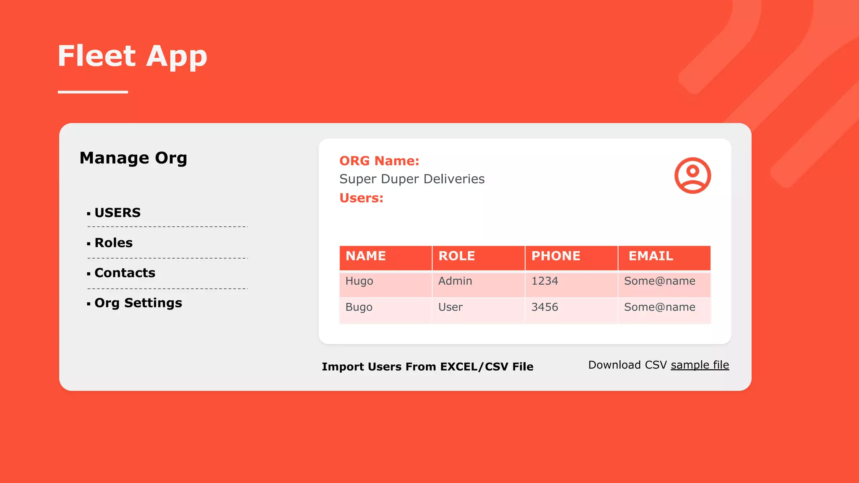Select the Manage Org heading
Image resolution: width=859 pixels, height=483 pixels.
coord(133,158)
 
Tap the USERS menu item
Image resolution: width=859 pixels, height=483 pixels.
coord(117,213)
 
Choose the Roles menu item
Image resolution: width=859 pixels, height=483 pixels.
coord(113,243)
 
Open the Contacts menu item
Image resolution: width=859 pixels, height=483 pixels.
coord(125,273)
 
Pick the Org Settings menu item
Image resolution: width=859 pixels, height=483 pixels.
coord(138,303)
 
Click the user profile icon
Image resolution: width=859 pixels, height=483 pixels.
coord(692,175)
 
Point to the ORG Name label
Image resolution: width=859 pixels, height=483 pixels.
coord(379,161)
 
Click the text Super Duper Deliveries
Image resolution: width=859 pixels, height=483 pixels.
coord(412,179)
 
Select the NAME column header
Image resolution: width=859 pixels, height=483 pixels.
coord(365,256)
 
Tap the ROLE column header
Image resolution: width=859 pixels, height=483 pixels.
coord(456,256)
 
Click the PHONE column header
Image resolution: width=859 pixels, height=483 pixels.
coord(556,256)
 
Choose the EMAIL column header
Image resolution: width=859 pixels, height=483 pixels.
coord(651,256)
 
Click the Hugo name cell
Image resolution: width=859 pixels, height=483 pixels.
coord(359,281)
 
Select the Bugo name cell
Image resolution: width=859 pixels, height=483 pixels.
coord(359,307)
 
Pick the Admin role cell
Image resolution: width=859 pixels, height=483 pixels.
coord(455,281)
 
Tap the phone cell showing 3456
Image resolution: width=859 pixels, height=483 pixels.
coord(544,307)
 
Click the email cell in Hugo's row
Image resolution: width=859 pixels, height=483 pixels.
coord(659,281)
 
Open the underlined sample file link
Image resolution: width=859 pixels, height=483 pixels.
coord(700,365)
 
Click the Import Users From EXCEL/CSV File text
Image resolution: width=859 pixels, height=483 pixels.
coord(427,366)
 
